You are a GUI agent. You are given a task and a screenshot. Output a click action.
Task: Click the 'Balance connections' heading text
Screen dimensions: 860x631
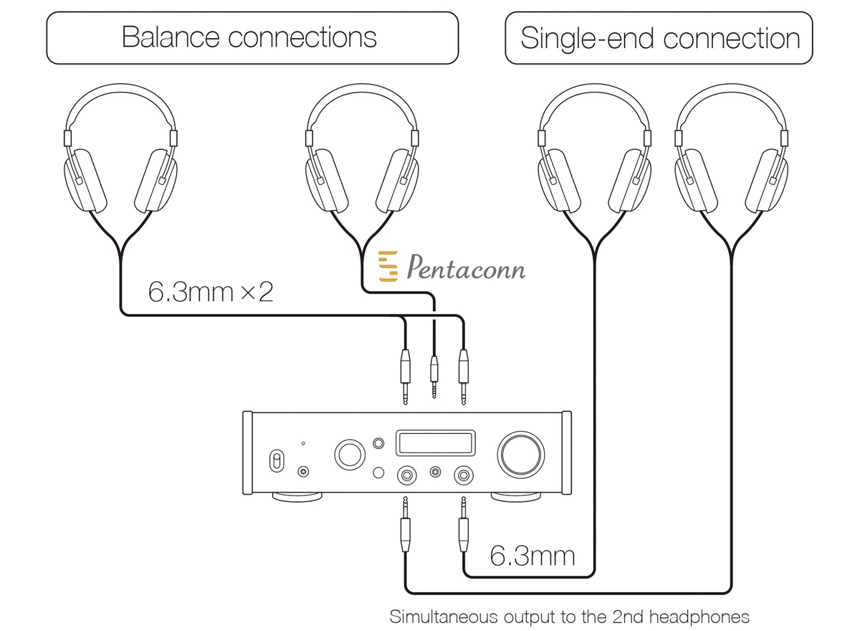coord(249,37)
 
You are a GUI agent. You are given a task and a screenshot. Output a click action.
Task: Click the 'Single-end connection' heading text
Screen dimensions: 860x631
coord(660,39)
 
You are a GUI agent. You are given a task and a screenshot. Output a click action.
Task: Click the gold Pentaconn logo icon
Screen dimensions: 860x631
coord(388,266)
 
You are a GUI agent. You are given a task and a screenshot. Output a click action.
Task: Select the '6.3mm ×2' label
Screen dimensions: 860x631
coord(211,292)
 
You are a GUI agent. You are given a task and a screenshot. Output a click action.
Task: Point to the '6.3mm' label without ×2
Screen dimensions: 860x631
coord(532,556)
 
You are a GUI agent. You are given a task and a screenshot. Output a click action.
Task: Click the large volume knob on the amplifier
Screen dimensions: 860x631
coord(520,455)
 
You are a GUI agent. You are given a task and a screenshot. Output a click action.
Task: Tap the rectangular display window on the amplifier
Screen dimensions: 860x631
coord(436,443)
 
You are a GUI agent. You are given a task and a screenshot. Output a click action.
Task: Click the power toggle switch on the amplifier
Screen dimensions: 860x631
coord(277,460)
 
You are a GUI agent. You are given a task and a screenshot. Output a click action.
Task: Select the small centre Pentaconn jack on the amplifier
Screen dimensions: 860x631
coord(435,471)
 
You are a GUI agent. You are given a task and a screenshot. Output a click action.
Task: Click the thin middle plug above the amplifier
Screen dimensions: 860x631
coord(434,376)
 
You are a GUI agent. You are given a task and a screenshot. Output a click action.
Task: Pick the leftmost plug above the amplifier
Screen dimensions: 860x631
coord(405,376)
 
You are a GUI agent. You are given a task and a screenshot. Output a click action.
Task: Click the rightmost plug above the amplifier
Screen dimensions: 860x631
coord(464,376)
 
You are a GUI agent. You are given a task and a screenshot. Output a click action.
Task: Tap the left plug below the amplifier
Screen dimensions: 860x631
coord(405,525)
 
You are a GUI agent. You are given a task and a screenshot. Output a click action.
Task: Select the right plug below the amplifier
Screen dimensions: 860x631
coord(464,525)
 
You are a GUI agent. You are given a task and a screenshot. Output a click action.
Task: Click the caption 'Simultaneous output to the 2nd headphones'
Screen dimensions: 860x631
coord(569,617)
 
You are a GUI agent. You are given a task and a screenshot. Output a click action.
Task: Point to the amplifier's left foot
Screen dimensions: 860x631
coord(297,498)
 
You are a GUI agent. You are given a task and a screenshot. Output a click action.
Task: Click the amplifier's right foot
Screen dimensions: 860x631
coord(515,498)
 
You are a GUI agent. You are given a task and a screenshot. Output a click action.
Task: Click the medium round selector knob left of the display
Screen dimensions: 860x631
coord(350,455)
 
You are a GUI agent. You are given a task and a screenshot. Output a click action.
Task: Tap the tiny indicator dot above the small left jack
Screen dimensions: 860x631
coord(303,443)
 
